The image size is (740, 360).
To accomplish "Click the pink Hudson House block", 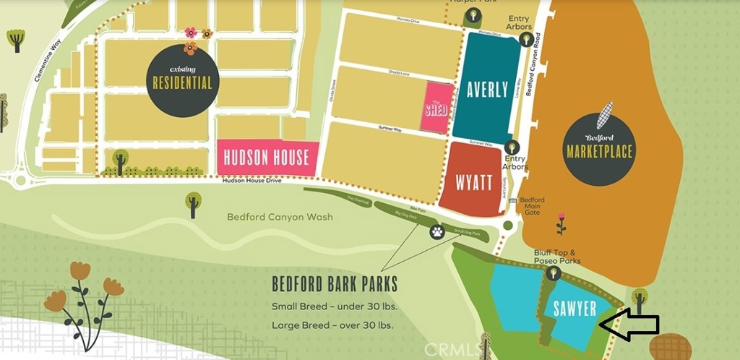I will click(x=267, y=157).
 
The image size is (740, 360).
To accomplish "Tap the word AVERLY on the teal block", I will click(x=486, y=90).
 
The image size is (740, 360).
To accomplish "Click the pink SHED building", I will click(x=436, y=108).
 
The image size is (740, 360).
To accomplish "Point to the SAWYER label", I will click(x=574, y=309).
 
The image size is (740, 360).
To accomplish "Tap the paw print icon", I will click(x=437, y=232).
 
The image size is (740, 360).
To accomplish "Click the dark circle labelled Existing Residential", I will click(x=182, y=79).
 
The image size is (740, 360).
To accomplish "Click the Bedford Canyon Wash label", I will click(x=280, y=216).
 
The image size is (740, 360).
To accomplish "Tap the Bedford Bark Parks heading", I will click(x=335, y=283).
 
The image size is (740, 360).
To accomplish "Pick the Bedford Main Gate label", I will click(x=533, y=206).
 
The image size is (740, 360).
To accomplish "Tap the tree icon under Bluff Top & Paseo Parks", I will click(x=554, y=273).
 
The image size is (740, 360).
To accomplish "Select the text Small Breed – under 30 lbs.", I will click(x=335, y=306).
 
